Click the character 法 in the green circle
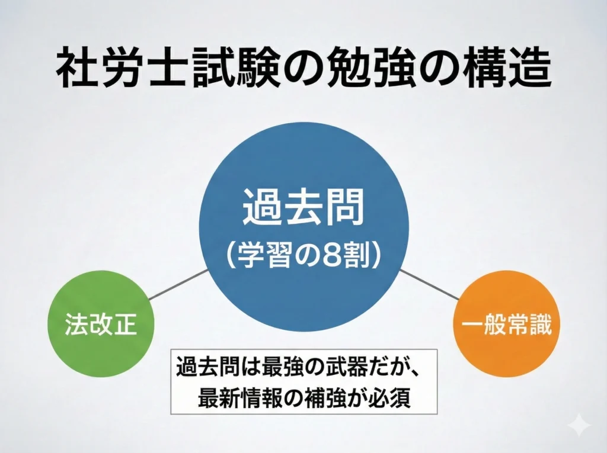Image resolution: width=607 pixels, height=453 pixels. (75, 325)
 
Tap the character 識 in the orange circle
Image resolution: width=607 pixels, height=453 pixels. (541, 325)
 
